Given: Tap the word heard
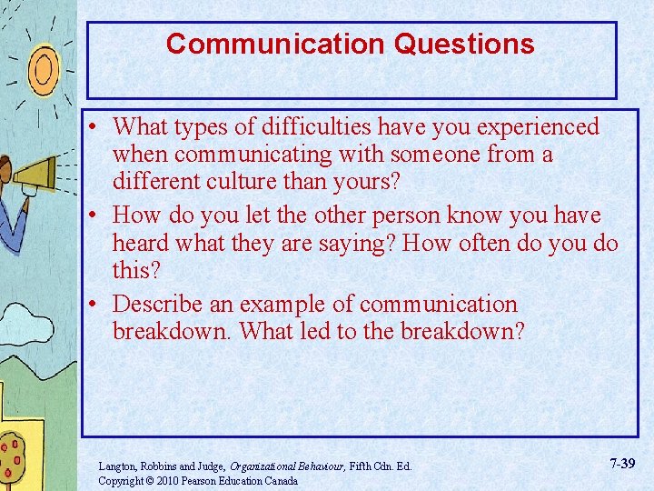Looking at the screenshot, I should pos(140,243).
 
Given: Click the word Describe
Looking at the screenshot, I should pos(160,305).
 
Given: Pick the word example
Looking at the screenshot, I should pos(301,305).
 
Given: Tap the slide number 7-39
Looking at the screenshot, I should pos(622,464).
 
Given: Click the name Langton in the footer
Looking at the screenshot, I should pos(118,466).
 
